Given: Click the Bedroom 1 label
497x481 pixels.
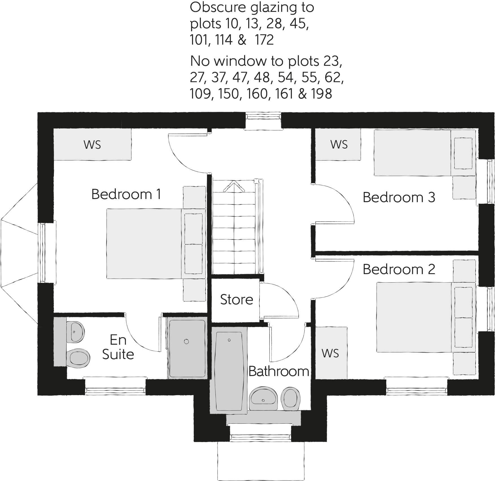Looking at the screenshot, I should coord(126,194).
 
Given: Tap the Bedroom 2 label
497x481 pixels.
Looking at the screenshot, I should coord(398,270).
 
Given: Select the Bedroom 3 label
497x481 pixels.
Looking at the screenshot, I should coord(398,198).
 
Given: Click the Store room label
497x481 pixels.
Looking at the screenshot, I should coord(236,300).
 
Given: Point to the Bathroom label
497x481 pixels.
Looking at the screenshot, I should coord(278,371).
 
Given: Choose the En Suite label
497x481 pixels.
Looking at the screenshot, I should coord(118,347).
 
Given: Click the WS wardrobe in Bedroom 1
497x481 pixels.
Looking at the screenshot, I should coord(92,145).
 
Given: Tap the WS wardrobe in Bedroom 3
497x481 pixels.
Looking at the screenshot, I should coord(339,145).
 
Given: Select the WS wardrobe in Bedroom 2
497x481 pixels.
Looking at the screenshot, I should coord(330,353).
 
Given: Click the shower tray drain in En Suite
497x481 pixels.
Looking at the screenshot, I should coord(186,342).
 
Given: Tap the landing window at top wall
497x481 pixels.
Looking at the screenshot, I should coord(263,121).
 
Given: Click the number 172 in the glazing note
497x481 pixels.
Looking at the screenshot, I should coord(264,40).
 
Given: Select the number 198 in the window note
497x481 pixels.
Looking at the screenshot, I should coord(321,94).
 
